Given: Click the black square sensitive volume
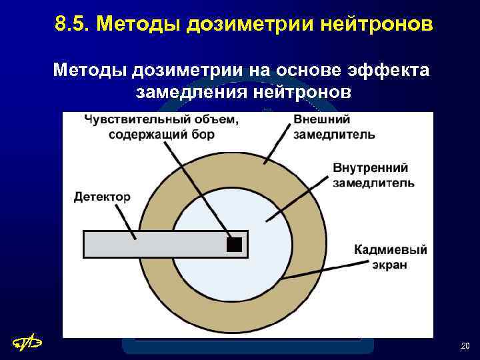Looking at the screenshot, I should (x=233, y=244).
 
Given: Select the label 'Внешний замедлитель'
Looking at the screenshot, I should (x=333, y=127).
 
